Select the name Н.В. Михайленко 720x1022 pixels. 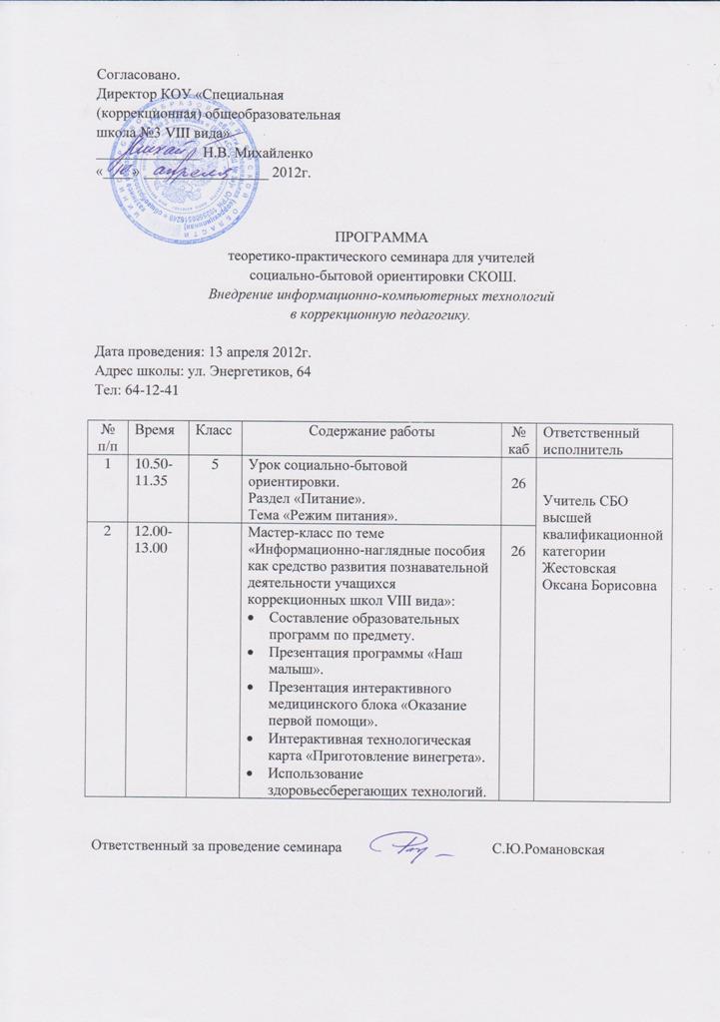(259, 153)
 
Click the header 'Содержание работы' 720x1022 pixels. (371, 430)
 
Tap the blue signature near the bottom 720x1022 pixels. (410, 847)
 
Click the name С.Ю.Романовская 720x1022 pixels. (549, 849)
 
